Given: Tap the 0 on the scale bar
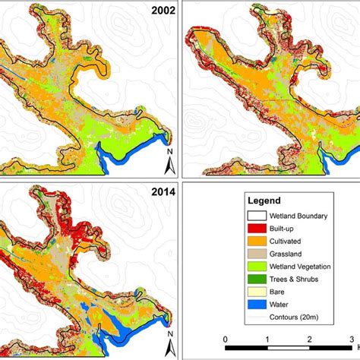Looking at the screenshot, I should click(225, 338).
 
